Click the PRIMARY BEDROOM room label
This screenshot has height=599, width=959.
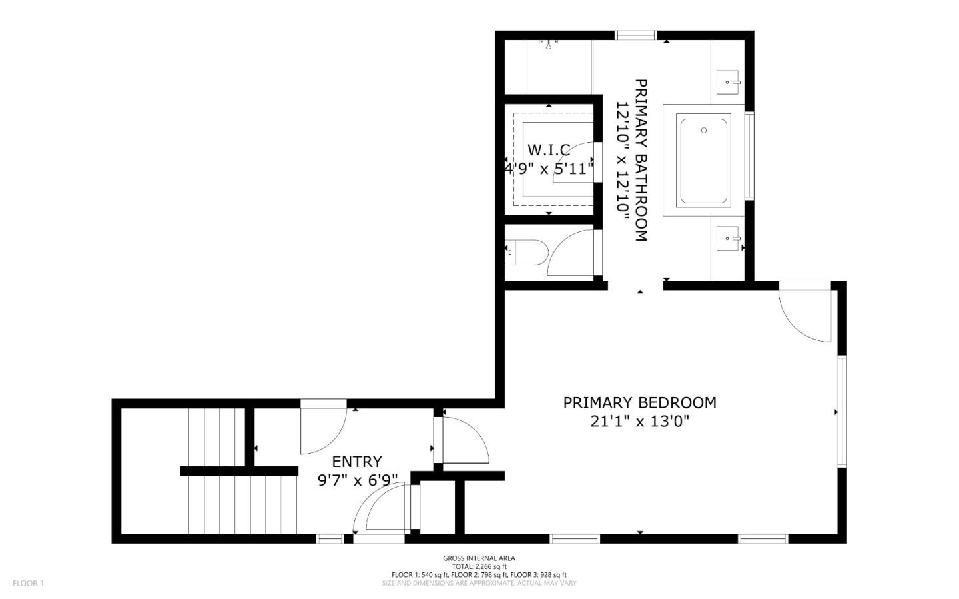coord(639,402)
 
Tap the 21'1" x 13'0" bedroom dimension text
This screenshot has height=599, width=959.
coord(639,421)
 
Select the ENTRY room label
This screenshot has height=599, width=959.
coord(357,461)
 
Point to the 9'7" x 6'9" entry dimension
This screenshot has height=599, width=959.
coord(357,480)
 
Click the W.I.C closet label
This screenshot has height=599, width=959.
coord(549,149)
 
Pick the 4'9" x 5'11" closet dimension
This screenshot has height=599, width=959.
coord(549,169)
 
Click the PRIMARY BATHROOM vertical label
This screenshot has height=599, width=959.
coord(641,160)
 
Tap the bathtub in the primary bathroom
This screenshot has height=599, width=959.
coord(703,161)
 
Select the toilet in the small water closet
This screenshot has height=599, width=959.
coord(529,253)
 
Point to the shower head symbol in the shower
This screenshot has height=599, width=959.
coord(549,45)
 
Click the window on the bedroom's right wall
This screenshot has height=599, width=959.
coord(842,411)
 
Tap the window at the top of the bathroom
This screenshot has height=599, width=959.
coord(635,35)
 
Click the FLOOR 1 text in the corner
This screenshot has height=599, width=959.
coord(28,584)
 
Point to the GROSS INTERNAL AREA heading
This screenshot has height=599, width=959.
coord(479,558)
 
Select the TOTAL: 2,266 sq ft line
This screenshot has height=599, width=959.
coord(479,566)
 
